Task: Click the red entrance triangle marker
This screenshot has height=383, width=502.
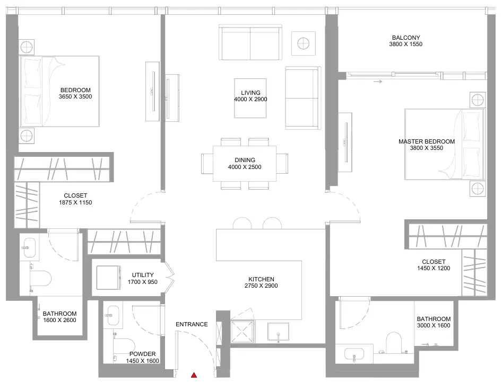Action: click(x=194, y=375)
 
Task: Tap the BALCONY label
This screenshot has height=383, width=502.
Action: click(x=405, y=38)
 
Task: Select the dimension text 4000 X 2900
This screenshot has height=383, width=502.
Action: click(x=250, y=99)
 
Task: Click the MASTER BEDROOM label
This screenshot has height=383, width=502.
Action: click(x=427, y=141)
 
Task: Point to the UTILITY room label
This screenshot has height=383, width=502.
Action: click(x=143, y=275)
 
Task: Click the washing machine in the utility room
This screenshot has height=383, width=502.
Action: click(x=109, y=278)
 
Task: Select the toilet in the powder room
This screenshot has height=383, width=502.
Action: click(x=124, y=347)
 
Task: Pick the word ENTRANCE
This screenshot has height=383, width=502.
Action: click(x=192, y=324)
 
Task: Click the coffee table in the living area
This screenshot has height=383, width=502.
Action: click(x=250, y=98)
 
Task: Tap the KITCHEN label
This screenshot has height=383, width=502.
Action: click(x=261, y=279)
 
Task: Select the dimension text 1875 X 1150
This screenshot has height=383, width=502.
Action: click(x=75, y=202)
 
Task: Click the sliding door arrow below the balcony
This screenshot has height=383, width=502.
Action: click(x=378, y=82)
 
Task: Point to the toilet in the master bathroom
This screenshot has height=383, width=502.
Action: click(x=394, y=343)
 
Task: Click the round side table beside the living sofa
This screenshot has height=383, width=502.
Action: click(x=303, y=43)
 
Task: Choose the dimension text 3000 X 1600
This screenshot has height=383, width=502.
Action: click(x=434, y=325)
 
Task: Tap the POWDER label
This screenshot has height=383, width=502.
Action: click(x=142, y=354)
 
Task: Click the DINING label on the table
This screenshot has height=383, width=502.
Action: click(x=245, y=160)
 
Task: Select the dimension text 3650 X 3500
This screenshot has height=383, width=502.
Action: click(x=75, y=96)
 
